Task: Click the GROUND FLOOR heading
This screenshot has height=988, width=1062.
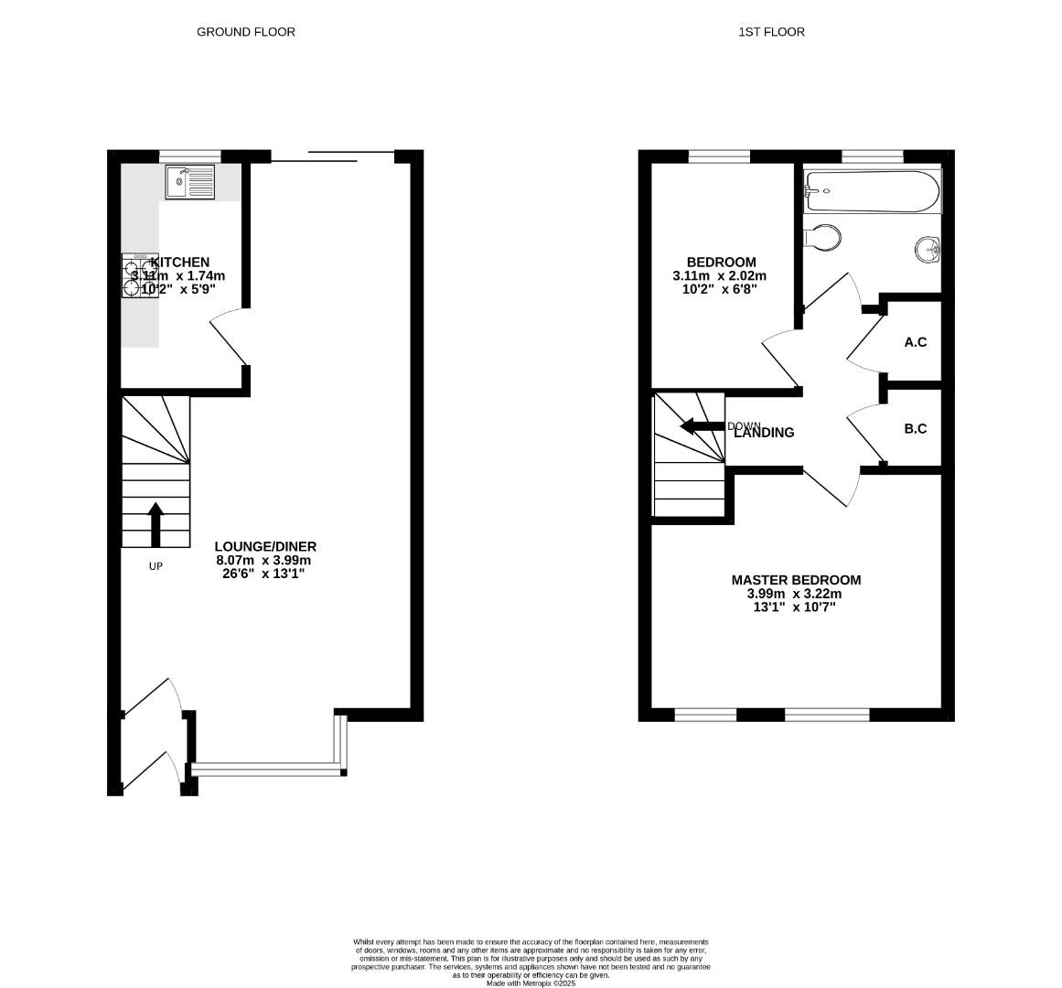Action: [246, 32]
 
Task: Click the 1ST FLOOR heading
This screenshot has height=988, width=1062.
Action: [771, 32]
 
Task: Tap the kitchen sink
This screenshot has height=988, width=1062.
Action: [190, 182]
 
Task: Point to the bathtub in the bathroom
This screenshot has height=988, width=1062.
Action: [871, 192]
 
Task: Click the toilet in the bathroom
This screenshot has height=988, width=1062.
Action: [823, 238]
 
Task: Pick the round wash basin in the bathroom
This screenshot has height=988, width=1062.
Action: [928, 248]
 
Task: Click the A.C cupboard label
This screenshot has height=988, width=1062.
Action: [915, 342]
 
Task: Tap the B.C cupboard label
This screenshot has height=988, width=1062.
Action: [915, 428]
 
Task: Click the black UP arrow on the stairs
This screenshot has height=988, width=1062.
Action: [156, 524]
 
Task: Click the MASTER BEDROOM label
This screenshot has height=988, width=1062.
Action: [796, 580]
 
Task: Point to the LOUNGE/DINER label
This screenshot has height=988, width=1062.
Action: [265, 547]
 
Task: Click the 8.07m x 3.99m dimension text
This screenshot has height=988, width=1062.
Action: [263, 561]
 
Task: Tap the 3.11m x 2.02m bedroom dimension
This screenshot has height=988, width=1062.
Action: [719, 276]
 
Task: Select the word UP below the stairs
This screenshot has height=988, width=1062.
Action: [156, 566]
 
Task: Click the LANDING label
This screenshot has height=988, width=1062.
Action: [765, 433]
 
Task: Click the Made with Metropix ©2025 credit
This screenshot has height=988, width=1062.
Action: [531, 983]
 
